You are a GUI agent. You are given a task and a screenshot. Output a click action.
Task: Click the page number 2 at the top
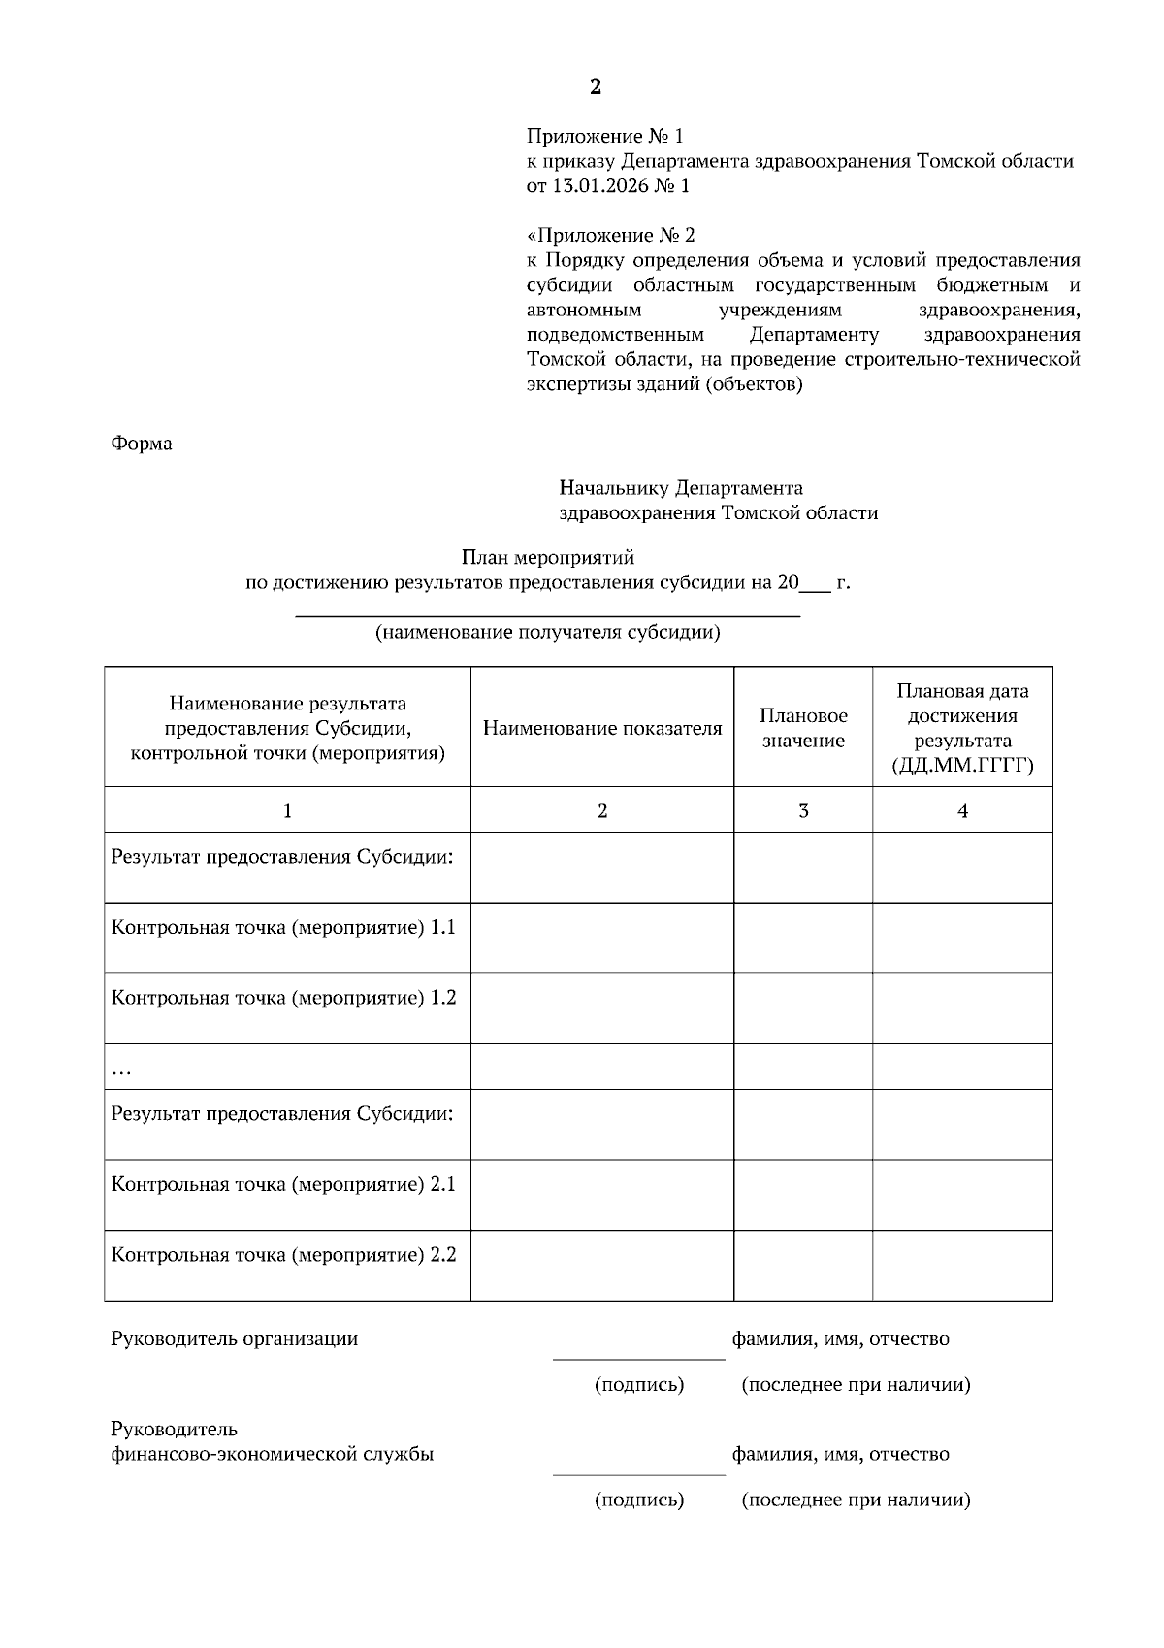pyautogui.click(x=595, y=87)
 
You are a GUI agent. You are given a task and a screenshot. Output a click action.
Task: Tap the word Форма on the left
pyautogui.click(x=142, y=444)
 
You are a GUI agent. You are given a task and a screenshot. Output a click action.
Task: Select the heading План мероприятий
pyautogui.click(x=547, y=558)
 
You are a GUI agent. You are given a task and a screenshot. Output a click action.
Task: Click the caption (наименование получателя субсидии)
pyautogui.click(x=548, y=634)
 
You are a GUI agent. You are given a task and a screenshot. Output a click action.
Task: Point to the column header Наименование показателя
pyautogui.click(x=602, y=729)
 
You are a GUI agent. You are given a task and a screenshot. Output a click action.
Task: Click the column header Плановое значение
pyautogui.click(x=803, y=728)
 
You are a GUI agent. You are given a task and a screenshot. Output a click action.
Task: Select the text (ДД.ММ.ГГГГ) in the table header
pyautogui.click(x=962, y=767)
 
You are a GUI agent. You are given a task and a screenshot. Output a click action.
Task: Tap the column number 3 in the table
pyautogui.click(x=803, y=810)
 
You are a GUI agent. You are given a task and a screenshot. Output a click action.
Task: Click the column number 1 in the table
pyautogui.click(x=287, y=810)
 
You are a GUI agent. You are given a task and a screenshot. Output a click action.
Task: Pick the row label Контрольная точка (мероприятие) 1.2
pyautogui.click(x=283, y=998)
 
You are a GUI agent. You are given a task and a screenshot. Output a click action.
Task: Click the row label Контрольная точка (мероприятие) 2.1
pyautogui.click(x=283, y=1184)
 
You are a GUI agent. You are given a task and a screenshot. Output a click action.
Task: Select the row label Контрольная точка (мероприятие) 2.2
pyautogui.click(x=283, y=1255)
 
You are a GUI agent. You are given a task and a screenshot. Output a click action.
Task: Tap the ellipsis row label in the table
pyautogui.click(x=121, y=1070)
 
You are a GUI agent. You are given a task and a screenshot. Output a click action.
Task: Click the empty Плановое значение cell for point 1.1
pyautogui.click(x=803, y=938)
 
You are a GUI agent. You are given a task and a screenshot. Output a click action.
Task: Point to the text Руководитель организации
pyautogui.click(x=235, y=1339)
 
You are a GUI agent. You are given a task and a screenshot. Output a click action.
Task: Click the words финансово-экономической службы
pyautogui.click(x=273, y=1455)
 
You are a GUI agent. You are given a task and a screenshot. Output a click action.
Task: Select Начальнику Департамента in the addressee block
pyautogui.click(x=681, y=488)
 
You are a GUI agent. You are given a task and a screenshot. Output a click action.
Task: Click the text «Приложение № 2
pyautogui.click(x=611, y=236)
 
